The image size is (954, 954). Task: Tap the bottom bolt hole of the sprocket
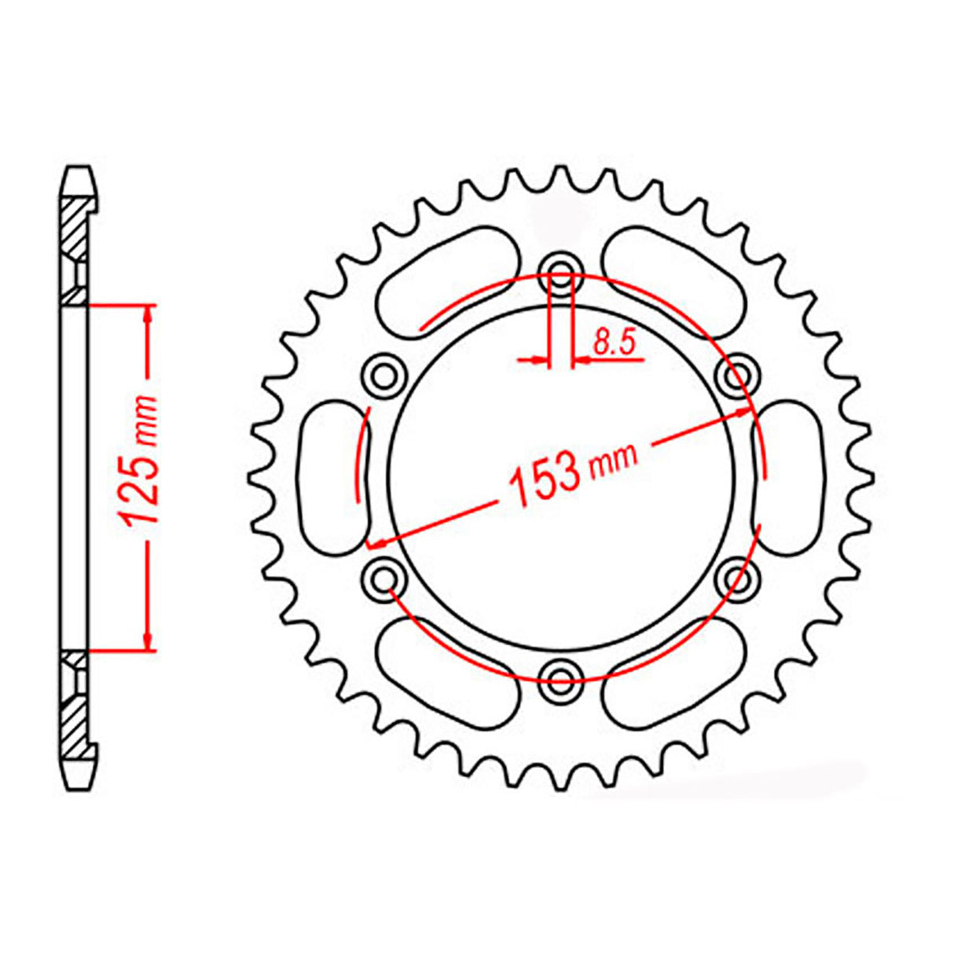click(x=560, y=677)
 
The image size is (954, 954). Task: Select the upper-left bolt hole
click(x=384, y=376)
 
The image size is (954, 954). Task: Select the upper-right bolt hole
click(x=737, y=377)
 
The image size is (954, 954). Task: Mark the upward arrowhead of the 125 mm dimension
click(x=148, y=314)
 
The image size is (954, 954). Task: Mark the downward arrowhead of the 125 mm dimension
click(x=148, y=640)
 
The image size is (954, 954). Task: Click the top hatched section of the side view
click(x=75, y=228)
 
